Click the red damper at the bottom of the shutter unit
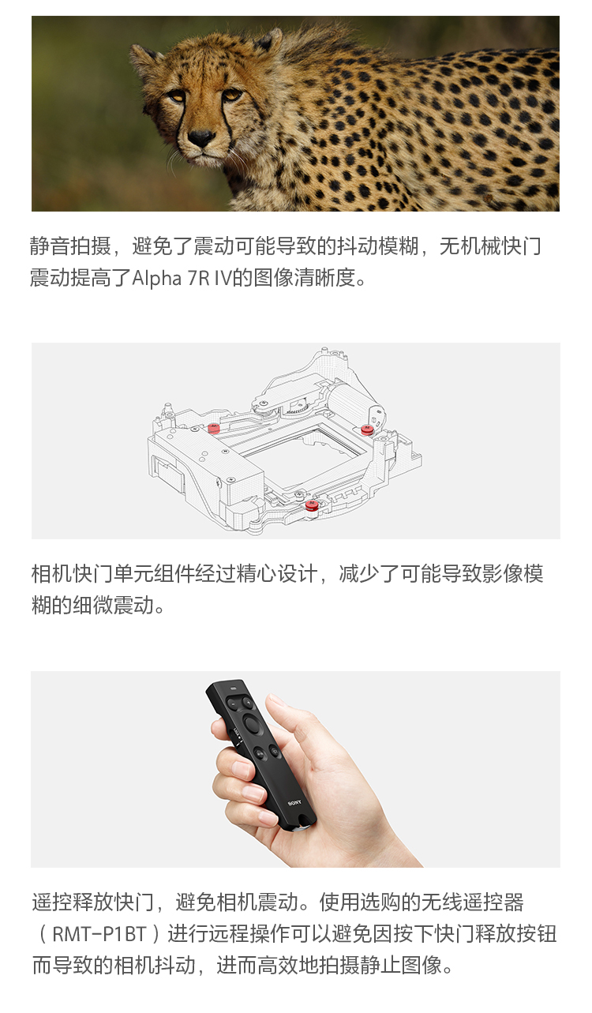(x=311, y=505)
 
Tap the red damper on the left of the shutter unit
(x=213, y=428)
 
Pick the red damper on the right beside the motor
(x=367, y=430)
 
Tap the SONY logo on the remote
(x=294, y=804)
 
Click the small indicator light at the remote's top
(x=233, y=689)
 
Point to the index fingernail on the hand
(x=241, y=768)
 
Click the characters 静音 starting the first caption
(x=51, y=247)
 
